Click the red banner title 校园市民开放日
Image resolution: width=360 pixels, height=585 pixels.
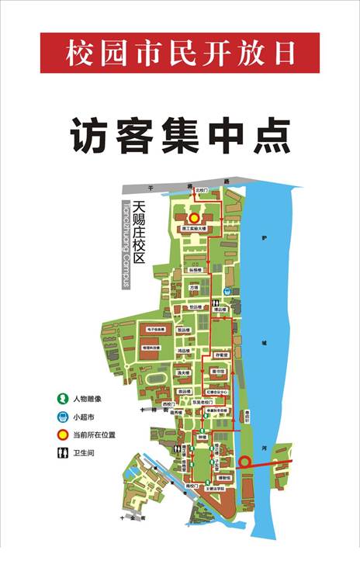click(180, 53)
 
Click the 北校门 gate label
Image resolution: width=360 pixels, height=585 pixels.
click(201, 189)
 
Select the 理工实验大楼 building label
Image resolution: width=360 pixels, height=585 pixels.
click(194, 230)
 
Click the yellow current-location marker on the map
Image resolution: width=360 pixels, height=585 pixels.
click(194, 218)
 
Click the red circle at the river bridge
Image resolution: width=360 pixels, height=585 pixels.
click(244, 462)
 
